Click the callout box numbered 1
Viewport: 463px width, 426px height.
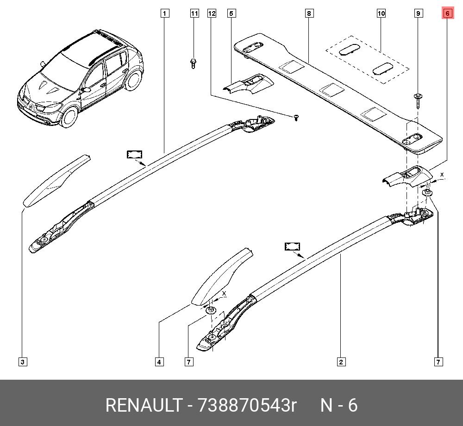[165, 13]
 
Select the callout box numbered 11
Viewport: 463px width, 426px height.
[194, 13]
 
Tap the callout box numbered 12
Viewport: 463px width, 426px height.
[212, 13]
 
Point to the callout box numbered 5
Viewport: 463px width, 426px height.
[231, 13]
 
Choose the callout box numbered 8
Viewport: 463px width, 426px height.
[309, 13]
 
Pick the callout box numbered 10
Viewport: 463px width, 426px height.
[381, 13]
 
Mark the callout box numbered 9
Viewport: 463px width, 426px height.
[418, 13]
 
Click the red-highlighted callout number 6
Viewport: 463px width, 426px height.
[448, 13]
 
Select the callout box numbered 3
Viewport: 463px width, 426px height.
[22, 362]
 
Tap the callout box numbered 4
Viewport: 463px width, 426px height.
[159, 362]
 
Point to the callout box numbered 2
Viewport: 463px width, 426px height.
[341, 362]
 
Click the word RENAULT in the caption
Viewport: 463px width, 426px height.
[144, 405]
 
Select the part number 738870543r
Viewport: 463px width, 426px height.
[247, 405]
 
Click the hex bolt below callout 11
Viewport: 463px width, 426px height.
[193, 63]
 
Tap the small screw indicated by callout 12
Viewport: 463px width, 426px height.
[296, 118]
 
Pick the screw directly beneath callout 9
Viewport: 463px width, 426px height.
[418, 100]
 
